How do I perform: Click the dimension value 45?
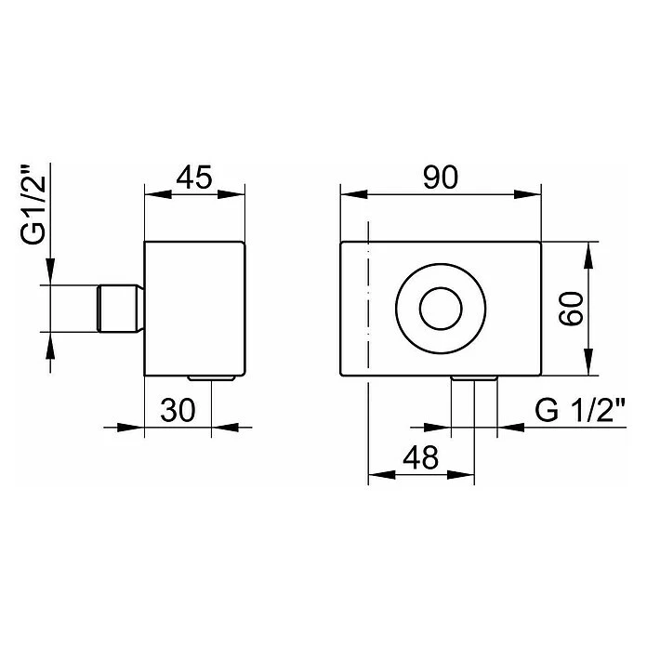coord(194,178)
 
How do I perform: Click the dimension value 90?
coord(441,178)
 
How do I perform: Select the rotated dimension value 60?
coord(571,309)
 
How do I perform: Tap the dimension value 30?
coord(178,411)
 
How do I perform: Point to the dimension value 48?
coord(420,457)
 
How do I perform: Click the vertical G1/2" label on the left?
coord(33,205)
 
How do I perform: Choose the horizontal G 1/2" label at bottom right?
coord(581,410)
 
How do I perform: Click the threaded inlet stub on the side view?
coord(121,309)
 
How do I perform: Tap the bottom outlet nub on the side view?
coord(211,377)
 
